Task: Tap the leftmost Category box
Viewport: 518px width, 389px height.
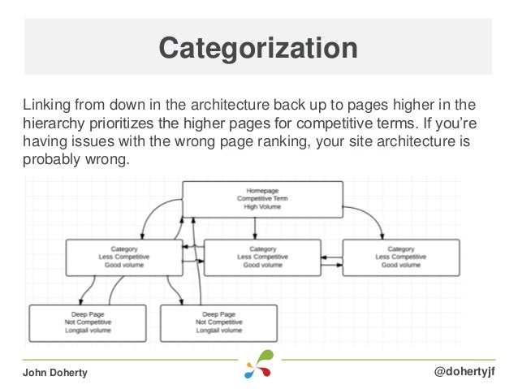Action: coord(123,257)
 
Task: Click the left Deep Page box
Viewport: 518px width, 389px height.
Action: coord(88,322)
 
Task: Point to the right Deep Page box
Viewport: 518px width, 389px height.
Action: coord(218,322)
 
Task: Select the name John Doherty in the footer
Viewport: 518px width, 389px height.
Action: coord(54,372)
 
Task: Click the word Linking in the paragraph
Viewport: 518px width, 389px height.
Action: coord(46,106)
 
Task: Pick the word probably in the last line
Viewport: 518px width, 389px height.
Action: coord(50,160)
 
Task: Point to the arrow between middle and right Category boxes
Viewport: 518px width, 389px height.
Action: coord(333,259)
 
